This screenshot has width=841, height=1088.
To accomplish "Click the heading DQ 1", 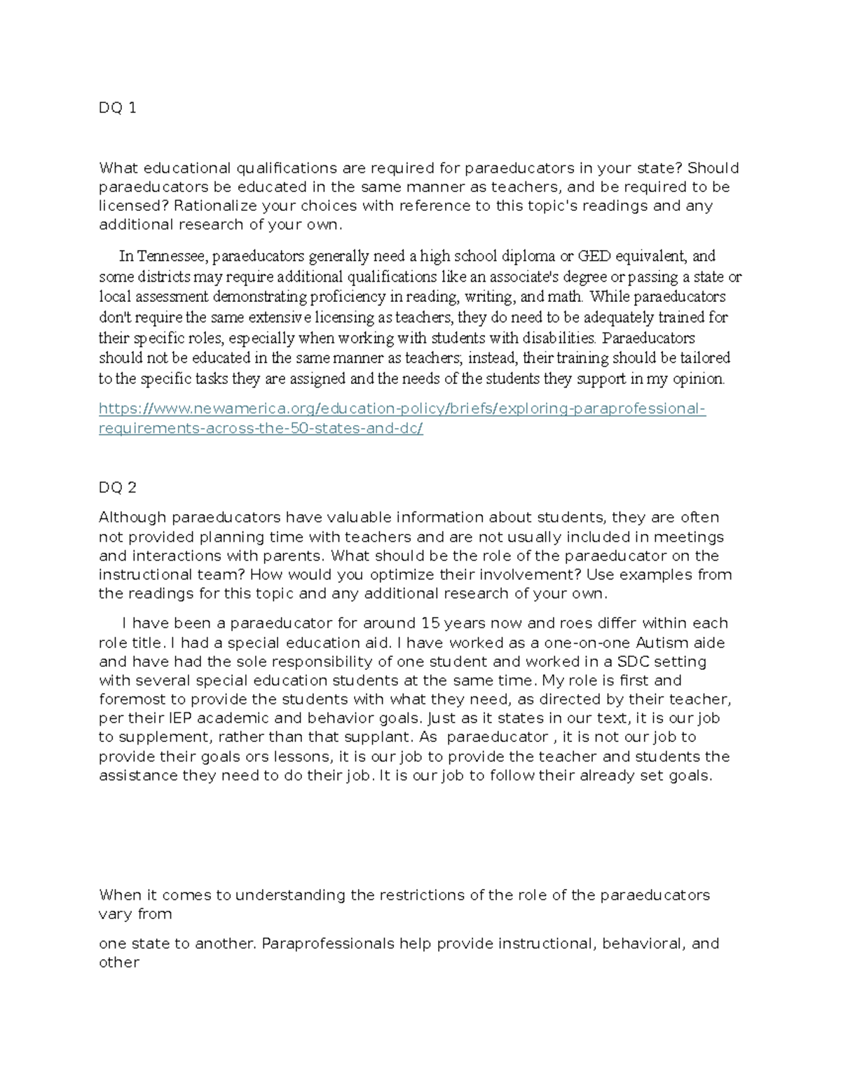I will point(117,108).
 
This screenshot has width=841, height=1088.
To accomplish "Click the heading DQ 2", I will point(117,488).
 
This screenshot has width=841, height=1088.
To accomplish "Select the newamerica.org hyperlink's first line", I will point(402,408).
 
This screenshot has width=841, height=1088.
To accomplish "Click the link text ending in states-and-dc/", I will point(261,428).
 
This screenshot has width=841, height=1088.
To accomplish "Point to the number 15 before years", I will point(429,624).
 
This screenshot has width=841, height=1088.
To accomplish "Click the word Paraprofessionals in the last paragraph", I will point(328,944).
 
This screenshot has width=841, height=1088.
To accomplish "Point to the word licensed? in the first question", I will point(133,206).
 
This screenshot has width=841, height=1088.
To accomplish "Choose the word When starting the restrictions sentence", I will point(119,895).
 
